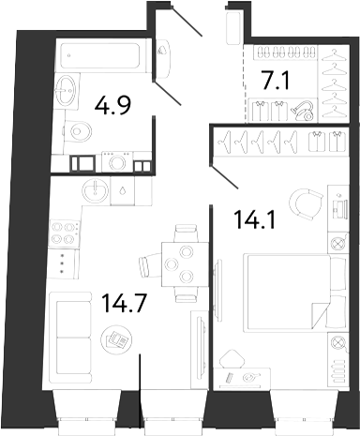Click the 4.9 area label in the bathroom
pos(112,106)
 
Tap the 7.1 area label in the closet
pos(277,81)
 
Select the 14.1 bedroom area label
pos(256,219)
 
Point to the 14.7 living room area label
pos(125,304)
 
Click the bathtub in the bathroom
pos(100,56)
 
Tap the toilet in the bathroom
pos(78,131)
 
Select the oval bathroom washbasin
pos(66,90)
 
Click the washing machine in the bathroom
pos(117,162)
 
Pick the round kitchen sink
pos(96,190)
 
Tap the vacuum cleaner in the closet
pos(303,112)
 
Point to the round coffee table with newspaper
pos(116,339)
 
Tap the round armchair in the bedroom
pos(306,203)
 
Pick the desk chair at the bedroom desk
pos(232,359)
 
